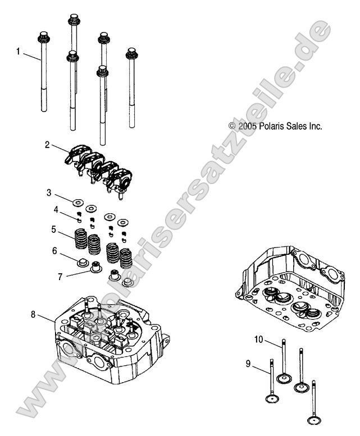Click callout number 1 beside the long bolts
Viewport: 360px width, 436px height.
tap(18, 51)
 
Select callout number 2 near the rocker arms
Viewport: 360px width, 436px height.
tap(48, 145)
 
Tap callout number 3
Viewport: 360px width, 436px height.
tap(49, 192)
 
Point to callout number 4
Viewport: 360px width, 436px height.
tap(56, 209)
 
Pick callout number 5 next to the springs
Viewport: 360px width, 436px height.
tap(54, 229)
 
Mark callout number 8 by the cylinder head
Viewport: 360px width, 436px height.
tap(33, 315)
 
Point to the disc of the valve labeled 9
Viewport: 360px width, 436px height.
tap(273, 398)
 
